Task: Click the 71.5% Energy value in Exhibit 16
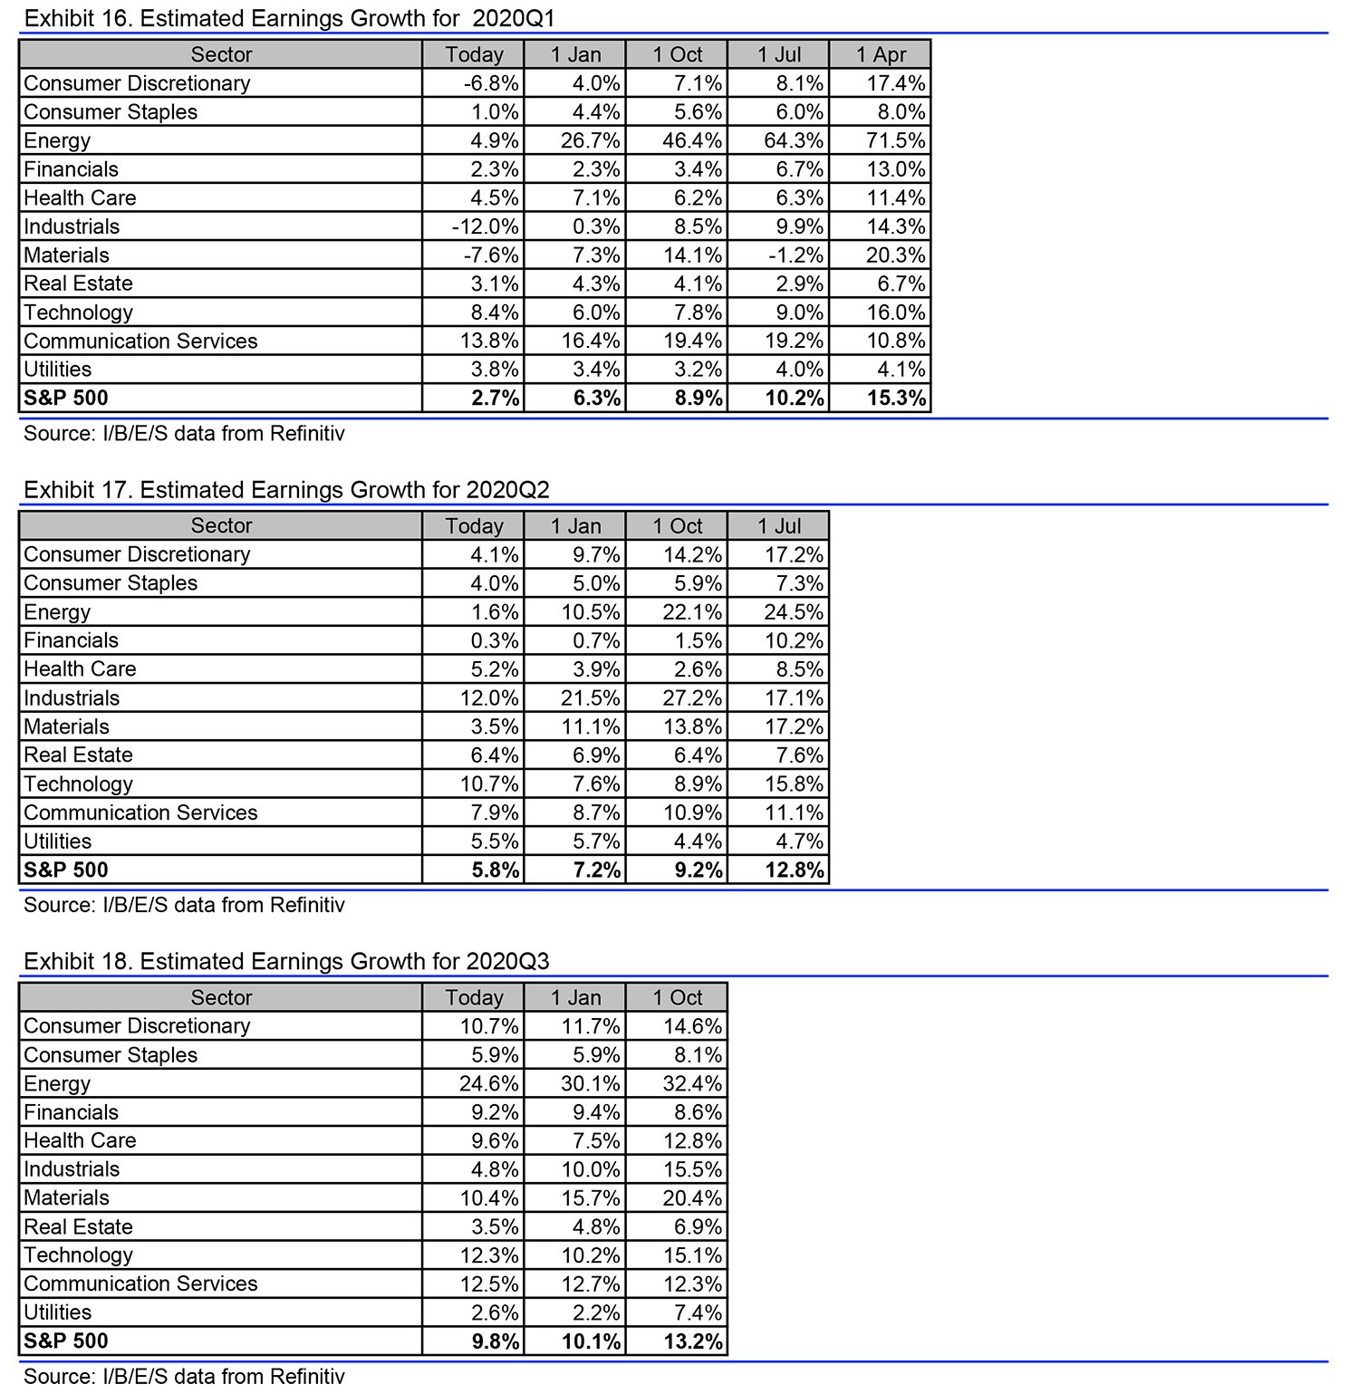click(895, 140)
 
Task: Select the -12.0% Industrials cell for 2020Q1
click(486, 226)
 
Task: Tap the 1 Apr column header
click(881, 54)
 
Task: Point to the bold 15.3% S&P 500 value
click(896, 398)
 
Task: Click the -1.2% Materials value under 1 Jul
click(795, 255)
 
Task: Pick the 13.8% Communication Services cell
click(490, 341)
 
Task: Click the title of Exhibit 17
click(286, 490)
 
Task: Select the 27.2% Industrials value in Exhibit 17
click(692, 698)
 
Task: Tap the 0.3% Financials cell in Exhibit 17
click(495, 641)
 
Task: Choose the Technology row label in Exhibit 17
click(79, 784)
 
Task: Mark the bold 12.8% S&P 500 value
click(795, 870)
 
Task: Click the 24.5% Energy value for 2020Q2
click(794, 612)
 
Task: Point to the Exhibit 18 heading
click(286, 961)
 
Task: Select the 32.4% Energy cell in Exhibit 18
click(692, 1084)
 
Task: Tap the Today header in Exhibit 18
click(474, 997)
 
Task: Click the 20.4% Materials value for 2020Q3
click(692, 1198)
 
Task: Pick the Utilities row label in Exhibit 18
click(58, 1312)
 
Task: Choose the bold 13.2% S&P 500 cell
click(693, 1341)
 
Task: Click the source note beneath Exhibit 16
click(184, 433)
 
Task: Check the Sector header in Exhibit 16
click(221, 54)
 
